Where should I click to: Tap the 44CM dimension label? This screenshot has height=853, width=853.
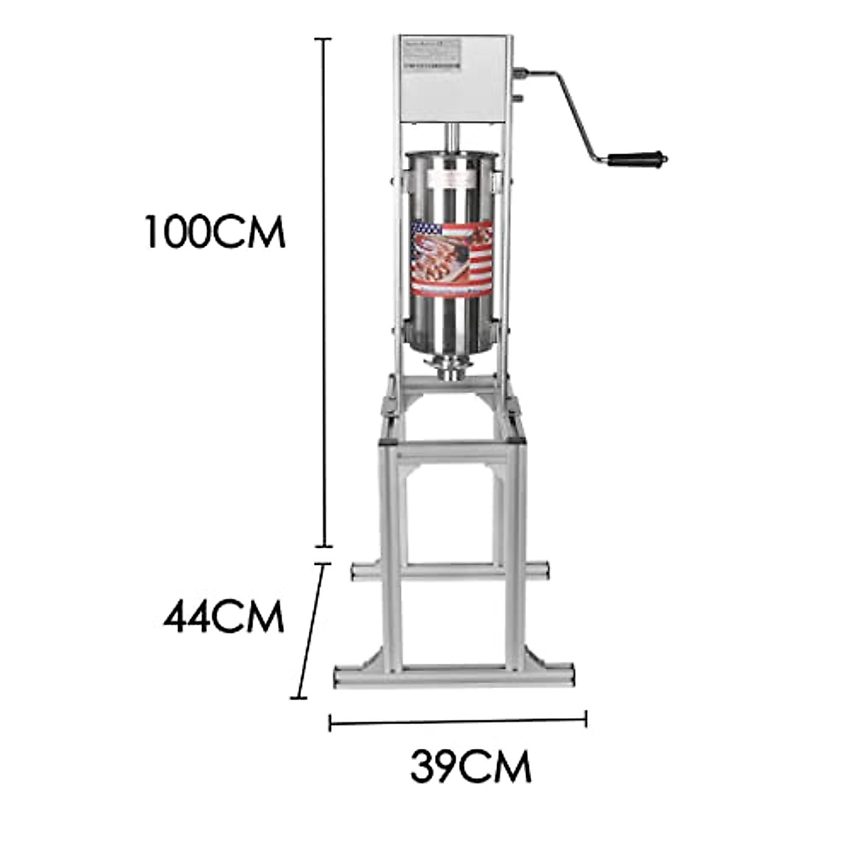223,616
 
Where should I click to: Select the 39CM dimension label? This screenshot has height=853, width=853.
471,767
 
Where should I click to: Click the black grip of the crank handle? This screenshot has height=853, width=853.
636,158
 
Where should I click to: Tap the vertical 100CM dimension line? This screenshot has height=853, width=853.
325,299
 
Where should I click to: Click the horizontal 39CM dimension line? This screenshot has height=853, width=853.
458,721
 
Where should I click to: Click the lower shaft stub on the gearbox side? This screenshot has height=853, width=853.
518,98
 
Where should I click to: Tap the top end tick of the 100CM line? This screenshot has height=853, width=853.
325,40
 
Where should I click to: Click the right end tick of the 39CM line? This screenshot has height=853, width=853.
586,719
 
